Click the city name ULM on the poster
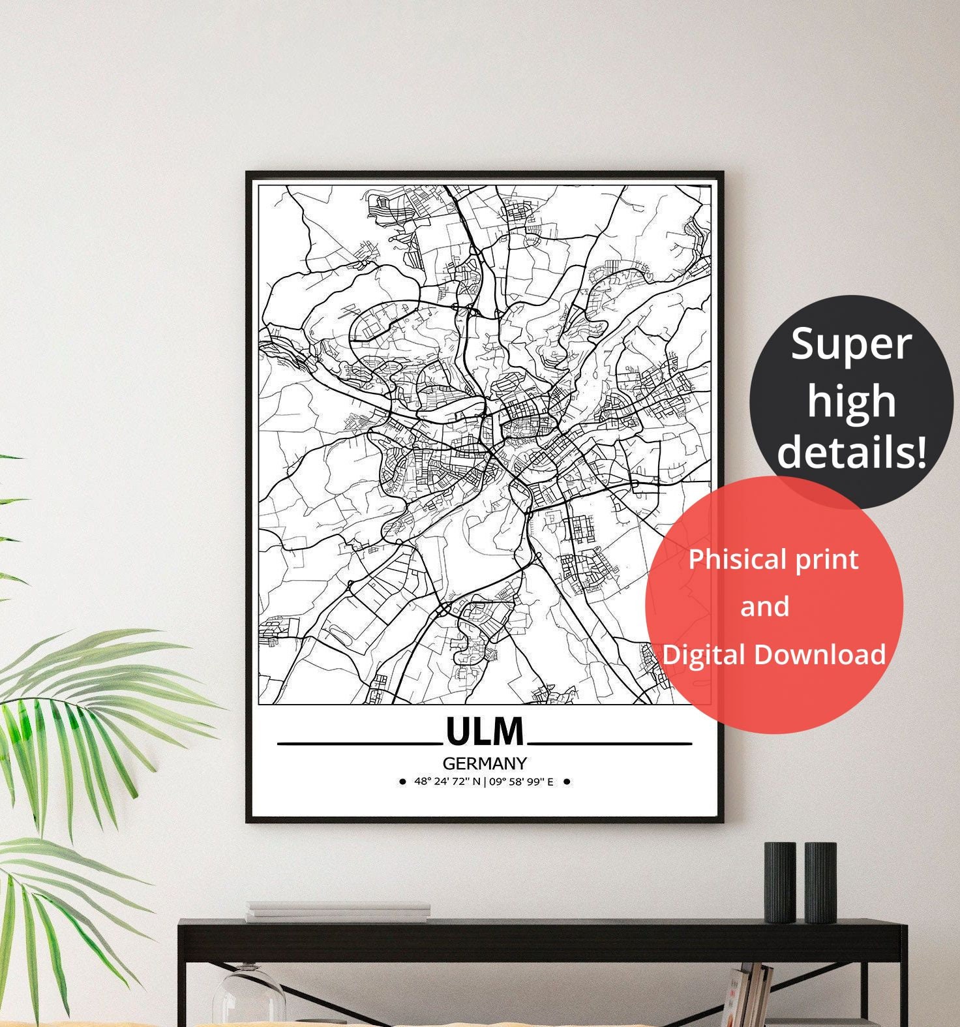(x=485, y=731)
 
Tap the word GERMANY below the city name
(x=485, y=763)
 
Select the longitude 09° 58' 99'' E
(x=521, y=782)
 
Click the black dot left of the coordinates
(x=402, y=782)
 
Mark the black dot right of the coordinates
(x=566, y=782)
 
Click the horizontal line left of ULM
(x=357, y=743)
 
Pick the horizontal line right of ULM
(x=610, y=743)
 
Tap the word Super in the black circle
(x=850, y=345)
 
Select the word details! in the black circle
(x=852, y=452)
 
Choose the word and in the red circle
(x=764, y=607)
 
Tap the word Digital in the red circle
(x=704, y=654)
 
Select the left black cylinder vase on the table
(x=780, y=881)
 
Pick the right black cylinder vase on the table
(x=820, y=881)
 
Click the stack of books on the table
(x=338, y=912)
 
